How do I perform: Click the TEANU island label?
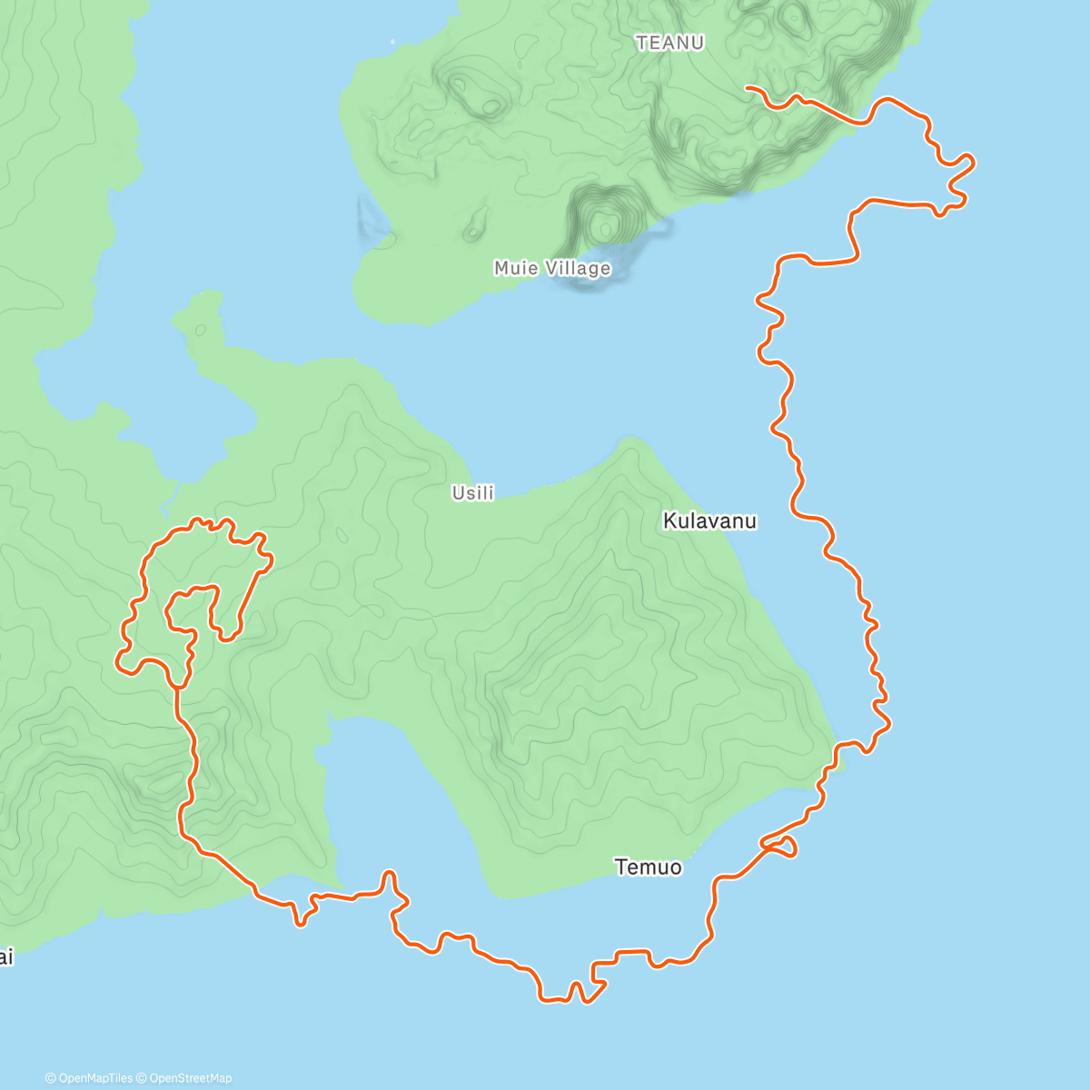click(x=670, y=43)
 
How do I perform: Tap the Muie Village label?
click(x=552, y=268)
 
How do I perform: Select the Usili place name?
click(x=473, y=493)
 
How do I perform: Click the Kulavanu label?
click(x=709, y=521)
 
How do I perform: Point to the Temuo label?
click(x=648, y=867)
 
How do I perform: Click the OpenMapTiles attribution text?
click(x=89, y=1078)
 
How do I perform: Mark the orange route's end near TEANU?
click(x=747, y=88)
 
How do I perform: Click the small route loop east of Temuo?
click(x=784, y=847)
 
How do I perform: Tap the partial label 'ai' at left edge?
click(x=6, y=957)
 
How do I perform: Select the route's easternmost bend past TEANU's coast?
click(x=970, y=163)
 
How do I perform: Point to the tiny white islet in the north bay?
click(x=393, y=41)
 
